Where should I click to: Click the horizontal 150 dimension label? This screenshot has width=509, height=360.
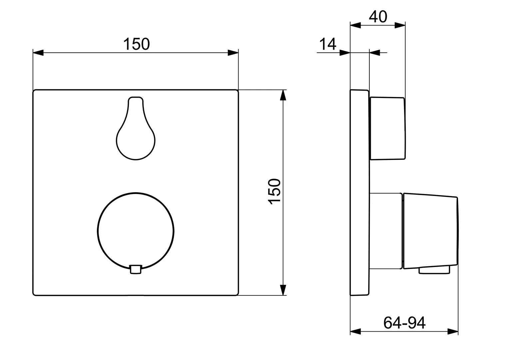coord(137,44)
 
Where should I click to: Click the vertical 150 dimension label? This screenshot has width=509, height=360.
coord(275,191)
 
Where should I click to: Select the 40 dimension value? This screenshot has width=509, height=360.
coord(378,17)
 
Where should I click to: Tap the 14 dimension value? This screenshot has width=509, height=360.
coord(328,44)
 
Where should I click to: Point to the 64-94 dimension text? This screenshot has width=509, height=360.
coord(404,323)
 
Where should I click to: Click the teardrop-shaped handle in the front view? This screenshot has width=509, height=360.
coord(136,137)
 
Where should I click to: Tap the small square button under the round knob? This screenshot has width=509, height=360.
coord(135,270)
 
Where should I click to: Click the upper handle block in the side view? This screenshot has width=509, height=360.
coord(387,128)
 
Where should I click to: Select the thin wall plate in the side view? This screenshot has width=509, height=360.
coord(359,192)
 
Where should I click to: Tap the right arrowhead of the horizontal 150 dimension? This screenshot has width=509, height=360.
coord(233,53)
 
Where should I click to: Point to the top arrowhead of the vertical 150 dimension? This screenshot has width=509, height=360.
coord(283,95)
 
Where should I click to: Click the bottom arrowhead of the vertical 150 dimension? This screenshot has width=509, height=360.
coord(283,290)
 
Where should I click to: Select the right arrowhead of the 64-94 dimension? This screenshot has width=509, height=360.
coord(453,331)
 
